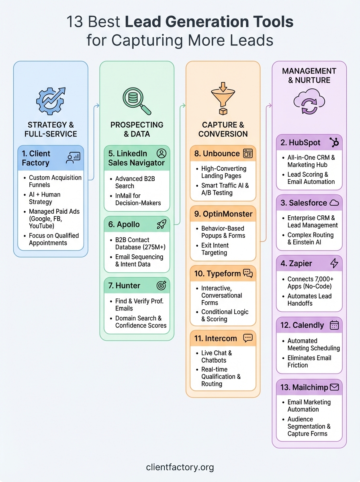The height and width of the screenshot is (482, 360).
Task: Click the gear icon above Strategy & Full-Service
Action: pos(50,99)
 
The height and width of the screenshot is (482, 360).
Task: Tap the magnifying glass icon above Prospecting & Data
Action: pos(136,100)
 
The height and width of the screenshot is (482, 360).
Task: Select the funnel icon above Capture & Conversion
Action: pos(223,98)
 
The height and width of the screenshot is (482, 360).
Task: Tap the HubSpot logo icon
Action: pos(334,142)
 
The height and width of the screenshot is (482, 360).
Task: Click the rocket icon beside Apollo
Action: pos(162,224)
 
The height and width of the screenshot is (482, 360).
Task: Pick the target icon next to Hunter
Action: pos(161,286)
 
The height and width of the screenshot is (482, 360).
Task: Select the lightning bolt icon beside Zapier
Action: pos(334,263)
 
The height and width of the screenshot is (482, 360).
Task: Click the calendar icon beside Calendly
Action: pos(334,325)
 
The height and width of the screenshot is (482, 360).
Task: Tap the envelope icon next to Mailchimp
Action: pos(334,387)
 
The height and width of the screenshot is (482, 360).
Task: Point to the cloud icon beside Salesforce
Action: pos(334,203)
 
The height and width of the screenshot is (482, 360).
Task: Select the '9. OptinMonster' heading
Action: pos(223,214)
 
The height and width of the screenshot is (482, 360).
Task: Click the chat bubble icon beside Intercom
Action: pos(248,338)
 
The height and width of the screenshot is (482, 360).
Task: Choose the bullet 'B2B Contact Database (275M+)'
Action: pos(139,243)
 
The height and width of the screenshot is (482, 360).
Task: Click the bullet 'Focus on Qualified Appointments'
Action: pos(53,239)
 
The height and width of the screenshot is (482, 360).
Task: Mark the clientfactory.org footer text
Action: pos(180,467)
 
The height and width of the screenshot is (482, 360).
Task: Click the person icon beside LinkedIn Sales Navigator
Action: pos(161,153)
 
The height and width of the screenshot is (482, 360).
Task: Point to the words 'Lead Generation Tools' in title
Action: pos(209,22)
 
